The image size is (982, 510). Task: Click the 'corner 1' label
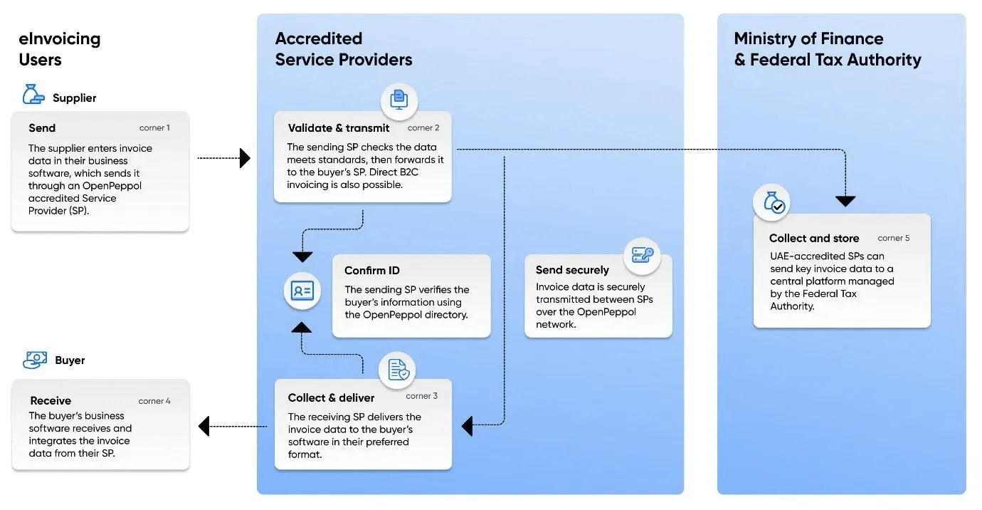(x=154, y=128)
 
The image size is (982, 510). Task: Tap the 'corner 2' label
(x=423, y=128)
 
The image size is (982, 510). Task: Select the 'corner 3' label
(x=422, y=396)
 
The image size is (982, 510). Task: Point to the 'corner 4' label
(x=154, y=401)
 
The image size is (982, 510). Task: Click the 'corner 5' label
(x=894, y=238)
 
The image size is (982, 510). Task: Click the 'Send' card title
(x=42, y=128)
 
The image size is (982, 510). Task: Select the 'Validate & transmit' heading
(x=339, y=128)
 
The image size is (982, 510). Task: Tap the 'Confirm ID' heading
(x=372, y=271)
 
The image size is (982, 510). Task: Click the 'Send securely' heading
(x=572, y=270)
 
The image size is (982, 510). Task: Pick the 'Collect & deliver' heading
(x=331, y=397)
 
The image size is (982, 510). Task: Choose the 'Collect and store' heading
(x=814, y=239)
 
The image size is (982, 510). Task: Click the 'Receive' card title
(x=51, y=401)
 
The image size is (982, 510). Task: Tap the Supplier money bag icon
(x=33, y=95)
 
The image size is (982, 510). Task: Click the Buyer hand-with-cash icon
(x=35, y=360)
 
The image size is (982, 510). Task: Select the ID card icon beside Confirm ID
(x=302, y=291)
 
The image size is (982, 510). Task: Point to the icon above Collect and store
(x=772, y=204)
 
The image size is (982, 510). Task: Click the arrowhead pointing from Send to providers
(x=245, y=158)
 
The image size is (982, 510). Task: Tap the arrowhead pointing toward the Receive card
(x=204, y=427)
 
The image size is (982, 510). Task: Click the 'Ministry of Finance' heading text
(x=808, y=38)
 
